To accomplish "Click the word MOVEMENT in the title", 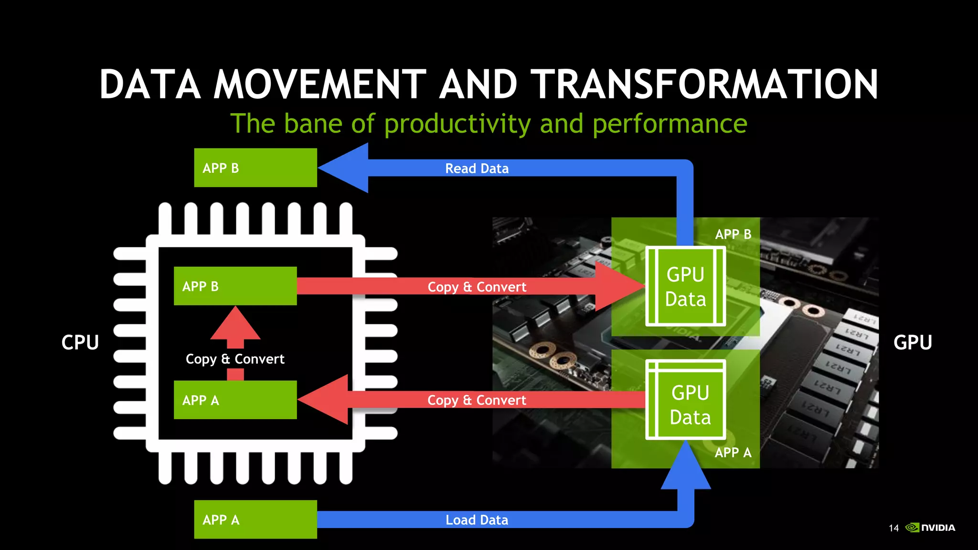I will point(319,85).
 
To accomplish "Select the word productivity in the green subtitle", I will point(457,124).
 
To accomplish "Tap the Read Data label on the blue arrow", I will point(477,169).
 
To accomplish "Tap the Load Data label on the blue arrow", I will point(477,520).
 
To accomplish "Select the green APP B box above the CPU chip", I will point(255,168).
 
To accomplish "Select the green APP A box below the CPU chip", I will point(255,519).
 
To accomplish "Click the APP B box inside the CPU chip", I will point(235,286).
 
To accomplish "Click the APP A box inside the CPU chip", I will point(235,400).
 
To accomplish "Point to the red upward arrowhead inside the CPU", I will point(235,325).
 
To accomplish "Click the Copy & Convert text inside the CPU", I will point(235,359).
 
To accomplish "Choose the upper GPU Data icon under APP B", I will point(685,286).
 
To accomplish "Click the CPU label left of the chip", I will point(80,342).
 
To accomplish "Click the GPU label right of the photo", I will point(912,342).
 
